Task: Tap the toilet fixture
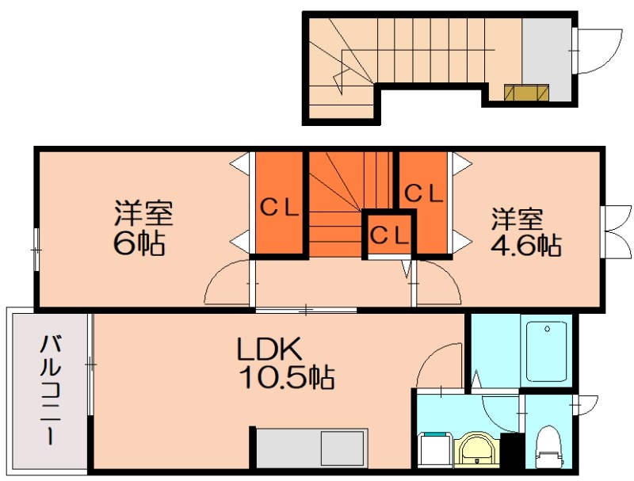[548, 446]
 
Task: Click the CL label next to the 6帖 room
[279, 208]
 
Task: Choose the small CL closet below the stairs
[389, 235]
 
